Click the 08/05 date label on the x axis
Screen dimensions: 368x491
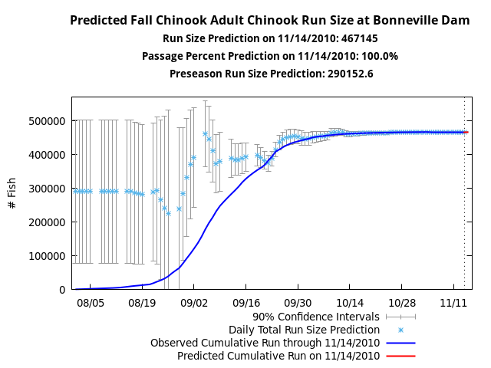coord(90,303)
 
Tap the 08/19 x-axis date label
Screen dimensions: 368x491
coord(142,303)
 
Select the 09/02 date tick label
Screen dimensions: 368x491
coord(194,303)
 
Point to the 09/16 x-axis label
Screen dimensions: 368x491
coord(246,303)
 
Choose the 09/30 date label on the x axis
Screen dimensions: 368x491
coord(298,303)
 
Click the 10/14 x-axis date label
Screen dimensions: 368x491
coord(350,303)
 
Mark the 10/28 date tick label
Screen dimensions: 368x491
coord(402,303)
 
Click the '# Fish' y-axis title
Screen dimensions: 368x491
coord(12,193)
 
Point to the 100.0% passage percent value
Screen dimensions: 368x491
coord(380,56)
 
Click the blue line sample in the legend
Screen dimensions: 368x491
coord(400,343)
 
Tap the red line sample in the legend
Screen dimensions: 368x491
coord(400,356)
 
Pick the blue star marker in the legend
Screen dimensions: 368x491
coord(400,329)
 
